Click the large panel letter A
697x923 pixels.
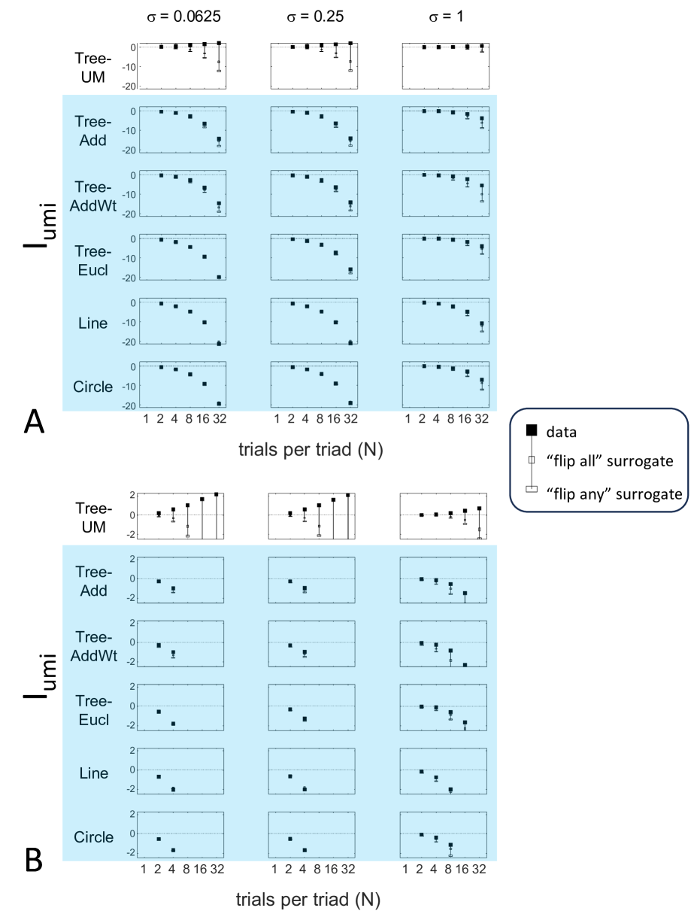pyautogui.click(x=33, y=423)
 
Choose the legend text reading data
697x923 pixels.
pyautogui.click(x=561, y=430)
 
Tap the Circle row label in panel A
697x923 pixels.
pyautogui.click(x=94, y=387)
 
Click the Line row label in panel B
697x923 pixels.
pyautogui.click(x=94, y=773)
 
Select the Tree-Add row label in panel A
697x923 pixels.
pyautogui.click(x=94, y=131)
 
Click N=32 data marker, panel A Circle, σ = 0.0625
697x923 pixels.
pyautogui.click(x=219, y=403)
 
